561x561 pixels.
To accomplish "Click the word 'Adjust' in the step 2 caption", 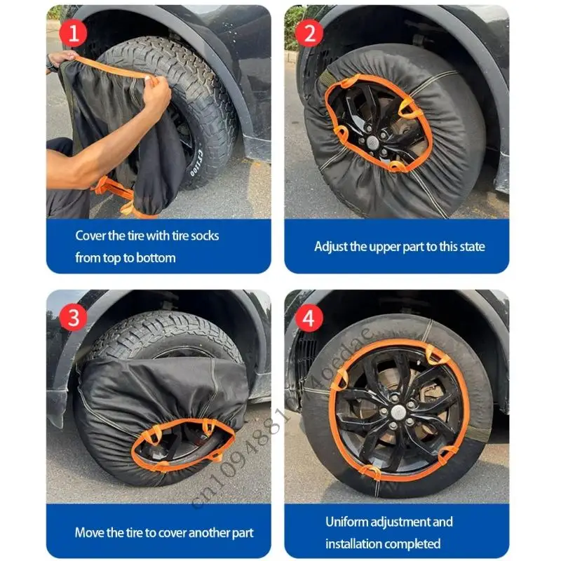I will [330, 246].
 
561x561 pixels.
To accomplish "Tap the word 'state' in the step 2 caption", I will [471, 246].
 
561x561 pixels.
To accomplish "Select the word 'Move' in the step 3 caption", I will [90, 532].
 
